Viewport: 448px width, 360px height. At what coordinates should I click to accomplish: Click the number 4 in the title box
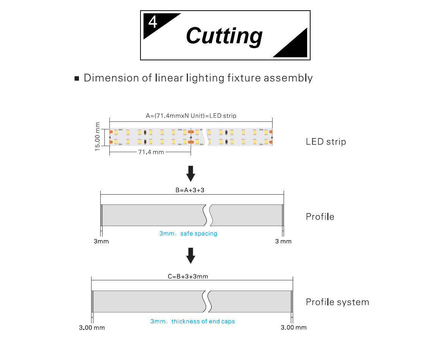153,22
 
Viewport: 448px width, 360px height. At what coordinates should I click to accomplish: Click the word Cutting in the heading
224,36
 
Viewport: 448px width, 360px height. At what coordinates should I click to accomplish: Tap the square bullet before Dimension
77,79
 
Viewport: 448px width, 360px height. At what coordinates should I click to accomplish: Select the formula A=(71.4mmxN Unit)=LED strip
191,116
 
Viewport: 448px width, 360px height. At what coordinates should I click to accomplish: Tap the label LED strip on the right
326,142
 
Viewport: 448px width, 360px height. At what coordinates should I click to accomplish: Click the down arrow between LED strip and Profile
191,173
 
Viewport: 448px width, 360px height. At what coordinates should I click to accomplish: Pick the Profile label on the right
320,217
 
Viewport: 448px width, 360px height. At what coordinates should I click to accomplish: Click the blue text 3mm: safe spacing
188,234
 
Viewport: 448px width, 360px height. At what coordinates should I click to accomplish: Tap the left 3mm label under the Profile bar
101,241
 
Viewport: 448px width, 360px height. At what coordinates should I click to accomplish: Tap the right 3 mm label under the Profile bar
283,241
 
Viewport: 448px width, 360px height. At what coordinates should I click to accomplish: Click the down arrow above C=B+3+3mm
191,255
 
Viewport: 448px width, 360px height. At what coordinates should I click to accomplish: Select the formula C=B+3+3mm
188,277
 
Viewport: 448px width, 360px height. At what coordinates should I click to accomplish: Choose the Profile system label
337,302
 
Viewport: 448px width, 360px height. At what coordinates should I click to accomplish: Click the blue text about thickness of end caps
192,321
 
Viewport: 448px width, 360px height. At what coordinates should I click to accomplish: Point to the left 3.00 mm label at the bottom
92,328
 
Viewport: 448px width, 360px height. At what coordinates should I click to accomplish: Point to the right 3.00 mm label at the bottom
293,327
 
